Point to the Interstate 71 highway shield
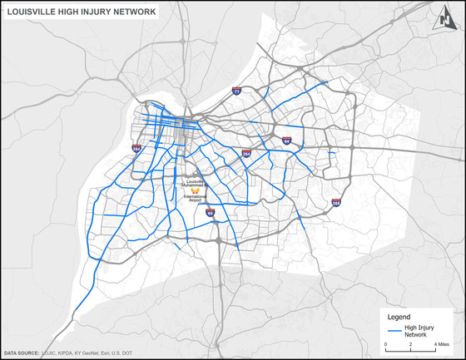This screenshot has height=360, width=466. [x=237, y=91]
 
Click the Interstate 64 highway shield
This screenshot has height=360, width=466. [x=285, y=142]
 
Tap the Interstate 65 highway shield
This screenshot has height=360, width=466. [x=211, y=213]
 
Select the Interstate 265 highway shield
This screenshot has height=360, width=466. [x=335, y=202]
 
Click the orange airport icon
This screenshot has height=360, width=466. [x=196, y=188]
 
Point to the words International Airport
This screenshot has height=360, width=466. [x=196, y=197]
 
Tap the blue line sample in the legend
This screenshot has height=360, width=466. [x=394, y=332]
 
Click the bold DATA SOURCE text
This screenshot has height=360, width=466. [x=21, y=354]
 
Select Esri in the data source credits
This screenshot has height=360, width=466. [x=112, y=354]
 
